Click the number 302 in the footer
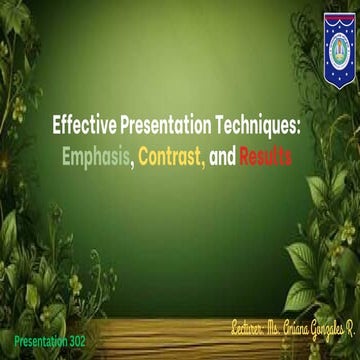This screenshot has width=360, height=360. tap(74, 341)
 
